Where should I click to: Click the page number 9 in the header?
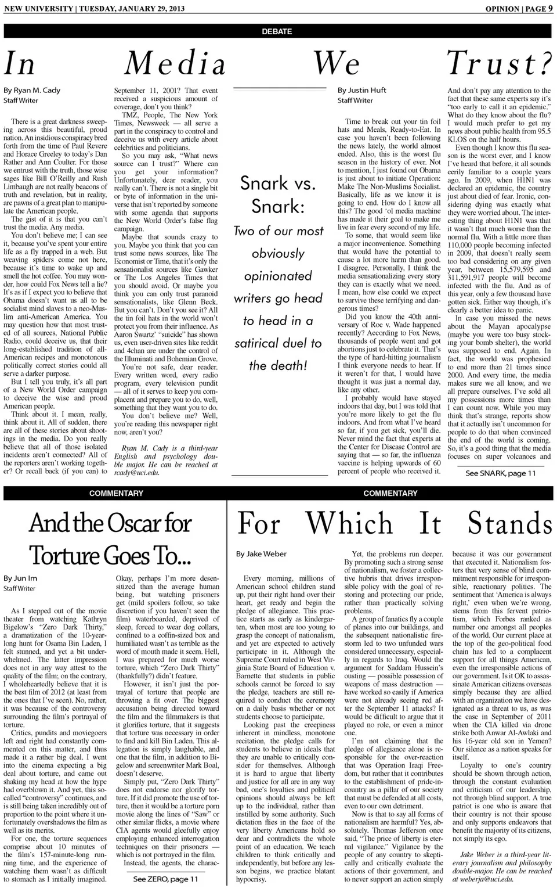coord(550,8)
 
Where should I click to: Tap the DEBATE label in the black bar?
coord(277,31)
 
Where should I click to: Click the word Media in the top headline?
coord(175,63)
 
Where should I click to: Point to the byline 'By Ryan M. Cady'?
coord(32,91)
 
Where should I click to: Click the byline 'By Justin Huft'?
coord(362,91)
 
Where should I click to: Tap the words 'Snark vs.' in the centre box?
coord(278,184)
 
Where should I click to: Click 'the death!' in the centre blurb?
coord(278,365)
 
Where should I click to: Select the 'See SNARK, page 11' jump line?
coord(500,473)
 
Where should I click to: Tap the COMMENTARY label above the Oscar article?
coord(116,493)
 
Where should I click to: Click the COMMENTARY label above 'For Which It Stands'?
coord(390,493)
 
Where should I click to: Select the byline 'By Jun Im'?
coord(20,578)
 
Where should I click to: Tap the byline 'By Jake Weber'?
coord(261,554)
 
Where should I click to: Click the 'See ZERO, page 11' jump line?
coord(165,879)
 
